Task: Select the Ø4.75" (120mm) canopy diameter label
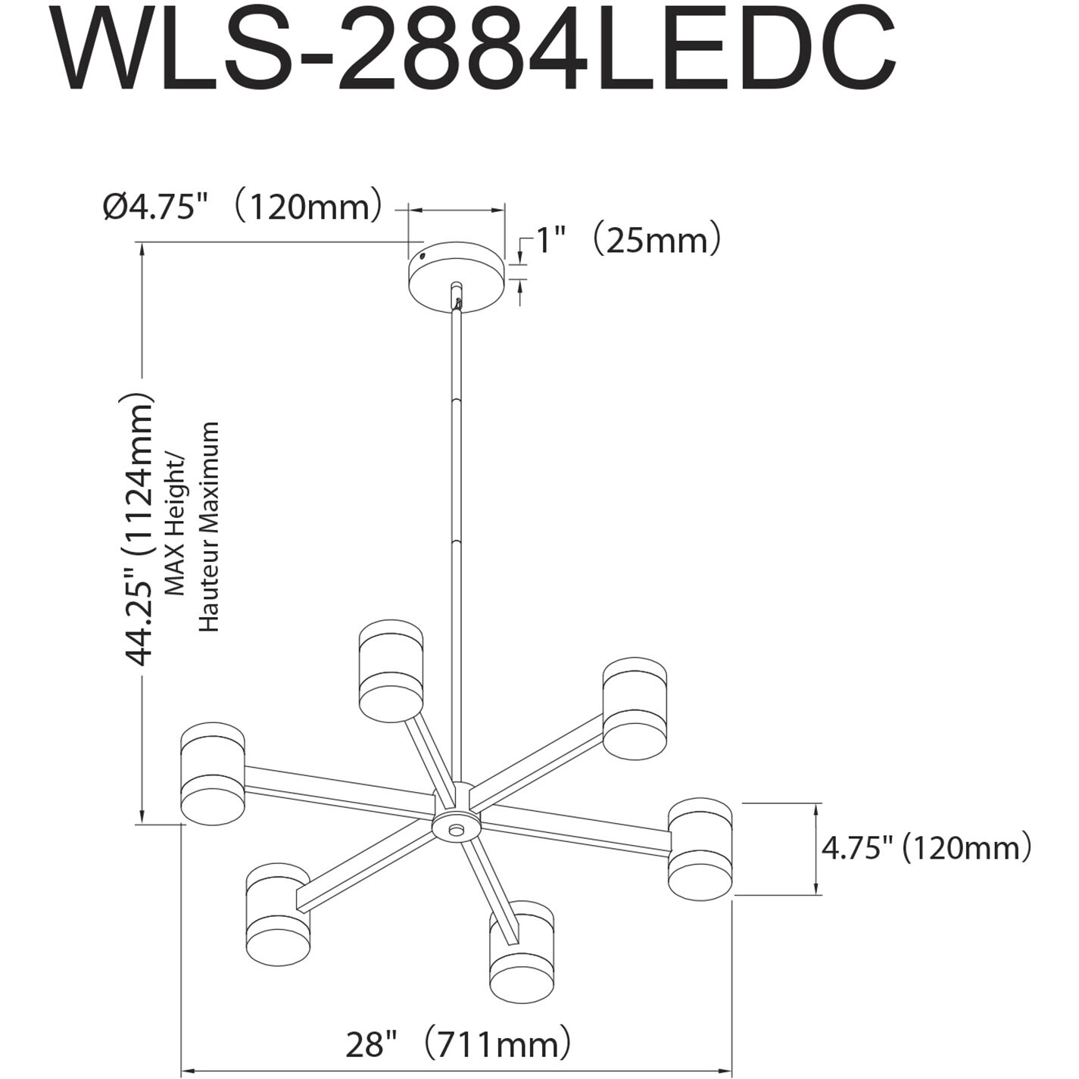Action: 242,206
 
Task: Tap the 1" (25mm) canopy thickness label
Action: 628,241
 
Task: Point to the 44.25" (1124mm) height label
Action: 139,530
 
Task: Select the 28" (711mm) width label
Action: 457,1045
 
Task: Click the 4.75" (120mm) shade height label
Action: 926,848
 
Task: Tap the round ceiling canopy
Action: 457,276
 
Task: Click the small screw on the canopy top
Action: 422,257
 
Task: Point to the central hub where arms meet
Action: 455,825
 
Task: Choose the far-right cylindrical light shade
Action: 700,849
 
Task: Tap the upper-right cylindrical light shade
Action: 635,709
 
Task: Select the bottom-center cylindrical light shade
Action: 521,951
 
